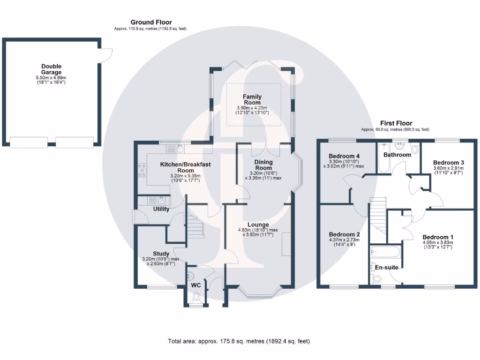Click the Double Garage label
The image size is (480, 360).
tap(51, 69)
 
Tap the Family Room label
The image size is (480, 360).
tap(252, 99)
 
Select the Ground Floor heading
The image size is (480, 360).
tap(151, 22)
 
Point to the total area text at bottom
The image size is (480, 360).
tap(239, 341)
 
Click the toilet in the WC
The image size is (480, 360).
tap(196, 297)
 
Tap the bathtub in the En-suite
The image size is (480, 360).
tap(384, 252)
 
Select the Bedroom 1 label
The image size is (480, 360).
tap(437, 237)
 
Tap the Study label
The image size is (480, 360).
tap(161, 254)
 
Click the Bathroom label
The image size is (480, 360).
tap(397, 155)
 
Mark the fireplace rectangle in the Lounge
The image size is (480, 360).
tap(286, 244)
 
